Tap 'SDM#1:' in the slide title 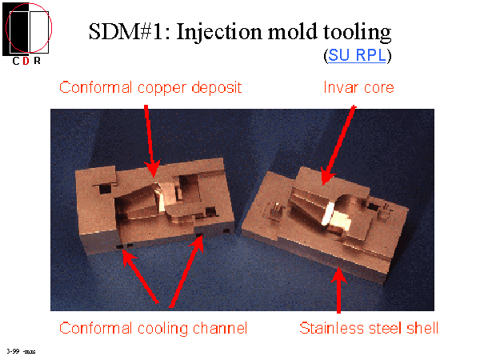pos(125,33)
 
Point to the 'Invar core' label pos(358,86)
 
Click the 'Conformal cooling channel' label pos(154,328)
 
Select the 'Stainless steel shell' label pos(369,328)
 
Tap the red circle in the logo pos(50,24)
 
